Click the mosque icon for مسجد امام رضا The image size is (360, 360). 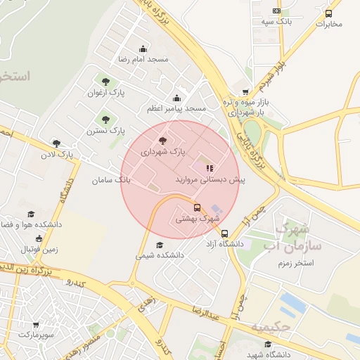pyautogui.click(x=143, y=49)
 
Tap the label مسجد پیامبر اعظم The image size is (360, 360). pyautogui.click(x=176, y=108)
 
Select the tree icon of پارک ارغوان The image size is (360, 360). pyautogui.click(x=105, y=82)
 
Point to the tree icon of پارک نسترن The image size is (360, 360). pyautogui.click(x=105, y=120)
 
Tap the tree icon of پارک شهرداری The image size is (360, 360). pyautogui.click(x=163, y=141)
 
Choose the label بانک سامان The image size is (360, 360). pyautogui.click(x=111, y=180)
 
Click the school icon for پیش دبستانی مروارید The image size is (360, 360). pyautogui.click(x=209, y=168)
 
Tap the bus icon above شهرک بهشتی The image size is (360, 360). pyautogui.click(x=197, y=207)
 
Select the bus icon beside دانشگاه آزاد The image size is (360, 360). pyautogui.click(x=224, y=233)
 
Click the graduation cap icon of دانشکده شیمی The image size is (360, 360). pyautogui.click(x=160, y=245)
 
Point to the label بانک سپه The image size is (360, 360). pyautogui.click(x=276, y=22)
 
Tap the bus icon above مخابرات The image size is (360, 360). pyautogui.click(x=328, y=13)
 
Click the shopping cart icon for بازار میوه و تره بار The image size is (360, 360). pyautogui.click(x=245, y=92)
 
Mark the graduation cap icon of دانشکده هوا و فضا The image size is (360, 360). pyautogui.click(x=30, y=214)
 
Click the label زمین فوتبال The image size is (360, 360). pyautogui.click(x=39, y=248)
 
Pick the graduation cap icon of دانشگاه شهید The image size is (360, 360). pyautogui.click(x=267, y=344)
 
